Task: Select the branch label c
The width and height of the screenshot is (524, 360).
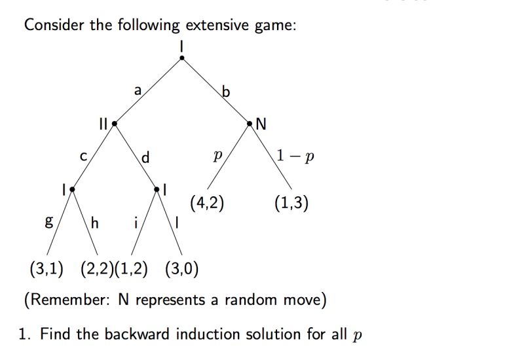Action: point(83,157)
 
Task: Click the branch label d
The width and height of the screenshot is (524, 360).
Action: point(145,157)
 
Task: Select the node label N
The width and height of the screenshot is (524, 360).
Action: point(261,124)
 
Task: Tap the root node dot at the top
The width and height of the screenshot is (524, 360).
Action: point(181,58)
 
